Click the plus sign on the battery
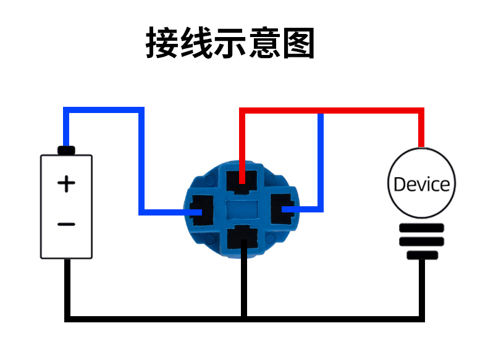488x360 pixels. point(66,183)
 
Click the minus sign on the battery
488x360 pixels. point(66,224)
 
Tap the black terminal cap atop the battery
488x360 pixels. point(66,151)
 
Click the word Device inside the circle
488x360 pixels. point(422,184)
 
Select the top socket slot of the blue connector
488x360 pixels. point(242,182)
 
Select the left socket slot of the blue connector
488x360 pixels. point(201,211)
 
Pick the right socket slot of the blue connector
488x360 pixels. point(282,209)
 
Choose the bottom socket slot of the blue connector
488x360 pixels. point(243,237)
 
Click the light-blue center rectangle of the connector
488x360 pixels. point(242,209)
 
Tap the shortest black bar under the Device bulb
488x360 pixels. point(423,256)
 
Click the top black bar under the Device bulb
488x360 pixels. point(422,228)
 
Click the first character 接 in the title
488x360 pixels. point(162,43)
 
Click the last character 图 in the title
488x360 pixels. point(299,43)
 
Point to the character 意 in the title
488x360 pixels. point(264,43)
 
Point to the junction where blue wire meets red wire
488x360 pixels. point(321,111)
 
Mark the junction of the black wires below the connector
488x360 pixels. point(244,319)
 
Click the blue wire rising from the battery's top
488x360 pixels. point(66,127)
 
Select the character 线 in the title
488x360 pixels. point(196,43)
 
